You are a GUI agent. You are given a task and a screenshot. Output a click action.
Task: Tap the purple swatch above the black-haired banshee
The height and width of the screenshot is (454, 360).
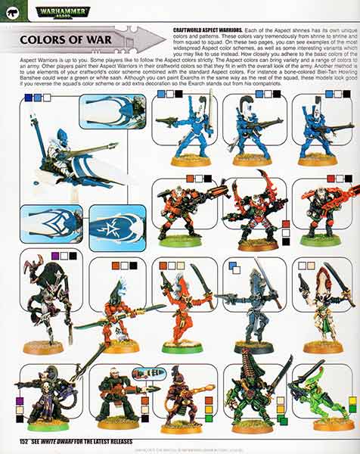55,257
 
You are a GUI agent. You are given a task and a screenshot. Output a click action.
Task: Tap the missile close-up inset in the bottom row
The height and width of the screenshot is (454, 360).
148,372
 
